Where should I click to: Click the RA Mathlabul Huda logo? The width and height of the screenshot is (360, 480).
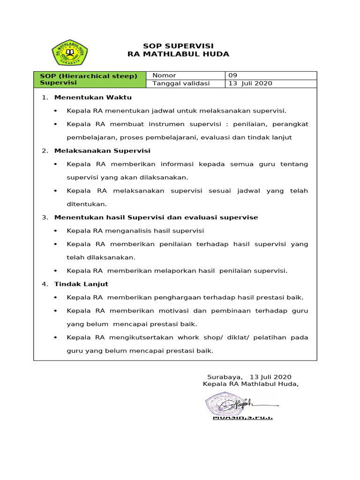(x=69, y=53)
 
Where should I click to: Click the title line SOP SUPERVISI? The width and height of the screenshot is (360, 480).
(x=178, y=46)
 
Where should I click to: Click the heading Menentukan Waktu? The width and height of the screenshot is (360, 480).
(x=93, y=97)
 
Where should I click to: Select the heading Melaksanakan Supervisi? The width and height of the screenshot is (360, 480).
(x=102, y=151)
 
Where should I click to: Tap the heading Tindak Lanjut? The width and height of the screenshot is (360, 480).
(x=81, y=284)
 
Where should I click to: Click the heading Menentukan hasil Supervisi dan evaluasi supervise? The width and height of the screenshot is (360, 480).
(x=156, y=217)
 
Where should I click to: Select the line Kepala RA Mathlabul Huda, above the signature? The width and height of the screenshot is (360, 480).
(x=250, y=384)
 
